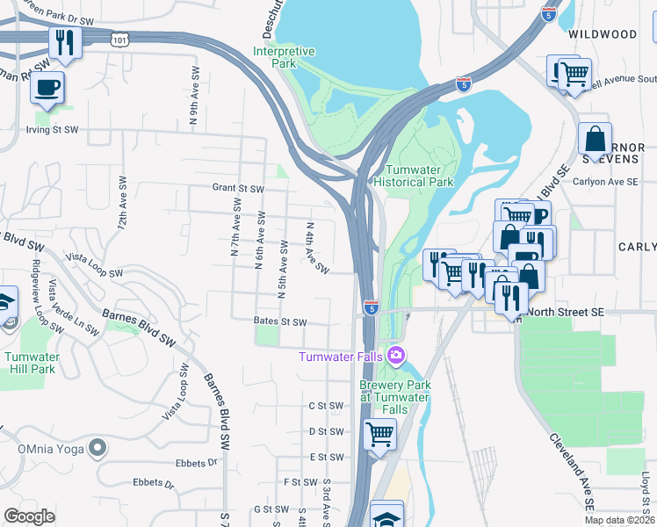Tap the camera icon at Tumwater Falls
coord(397,356)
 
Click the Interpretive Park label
coord(284,58)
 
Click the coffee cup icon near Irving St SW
coord(49,89)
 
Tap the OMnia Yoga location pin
coord(98,448)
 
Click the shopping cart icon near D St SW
coord(379,434)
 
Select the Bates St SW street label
coord(280,322)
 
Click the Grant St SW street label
coord(238,188)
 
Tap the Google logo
coord(29,516)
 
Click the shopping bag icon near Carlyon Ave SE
coord(595,139)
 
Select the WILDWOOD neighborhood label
coord(603,34)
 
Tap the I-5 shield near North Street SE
coord(372,308)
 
